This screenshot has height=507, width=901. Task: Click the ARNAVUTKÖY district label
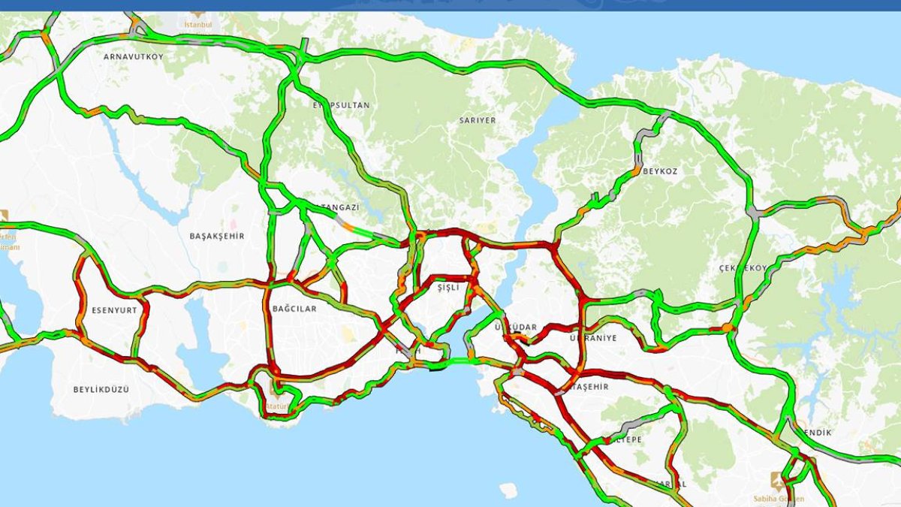[134, 56]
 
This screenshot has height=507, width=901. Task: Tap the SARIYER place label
[478, 120]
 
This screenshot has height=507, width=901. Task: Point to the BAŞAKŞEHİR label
[217, 236]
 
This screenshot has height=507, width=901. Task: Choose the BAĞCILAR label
[295, 309]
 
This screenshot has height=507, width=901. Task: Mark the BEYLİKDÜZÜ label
[101, 389]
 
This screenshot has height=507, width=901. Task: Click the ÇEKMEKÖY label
[743, 268]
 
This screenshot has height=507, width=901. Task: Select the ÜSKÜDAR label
[517, 327]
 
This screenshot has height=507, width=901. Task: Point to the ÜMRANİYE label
[593, 338]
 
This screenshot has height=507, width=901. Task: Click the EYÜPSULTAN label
[342, 105]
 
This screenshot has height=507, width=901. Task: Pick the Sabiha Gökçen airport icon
[776, 479]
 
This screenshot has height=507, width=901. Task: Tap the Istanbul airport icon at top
[197, 14]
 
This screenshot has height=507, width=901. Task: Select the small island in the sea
[508, 490]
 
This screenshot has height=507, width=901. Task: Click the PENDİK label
[818, 433]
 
